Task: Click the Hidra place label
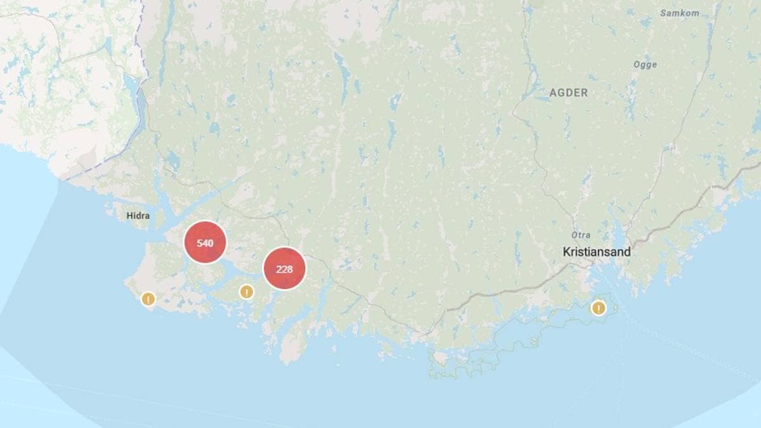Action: (x=138, y=216)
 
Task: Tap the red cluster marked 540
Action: (x=205, y=242)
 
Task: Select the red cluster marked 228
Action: (x=284, y=269)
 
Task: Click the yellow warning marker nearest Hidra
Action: (x=148, y=299)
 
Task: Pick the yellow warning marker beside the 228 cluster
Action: (x=246, y=292)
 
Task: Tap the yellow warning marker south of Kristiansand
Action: (x=597, y=308)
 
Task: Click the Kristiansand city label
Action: (x=597, y=252)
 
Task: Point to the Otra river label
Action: (x=580, y=235)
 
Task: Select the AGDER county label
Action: (x=568, y=93)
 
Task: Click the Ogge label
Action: (x=645, y=65)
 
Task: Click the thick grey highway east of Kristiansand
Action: (x=672, y=216)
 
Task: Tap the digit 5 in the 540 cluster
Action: (x=199, y=243)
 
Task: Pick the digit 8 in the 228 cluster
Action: (x=290, y=269)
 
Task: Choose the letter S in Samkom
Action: (x=663, y=13)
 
